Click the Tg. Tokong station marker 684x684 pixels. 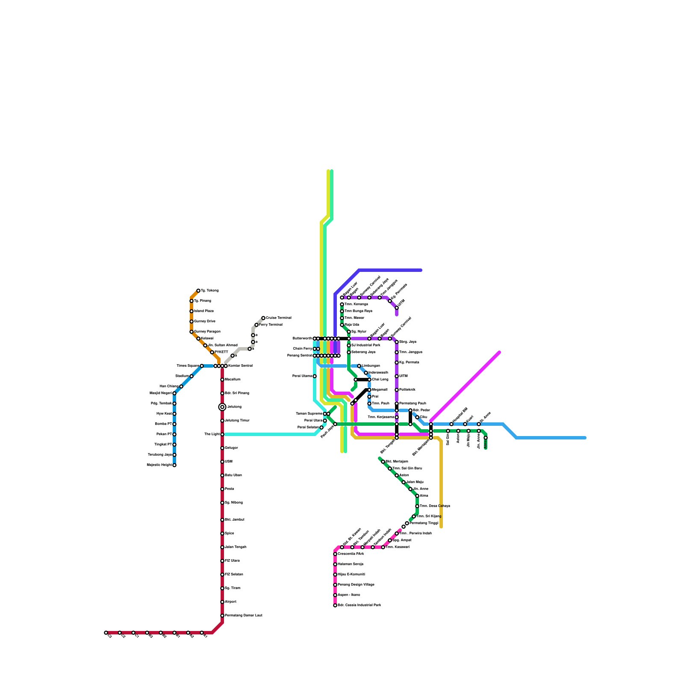tap(198, 291)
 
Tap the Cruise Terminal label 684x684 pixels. tap(278, 318)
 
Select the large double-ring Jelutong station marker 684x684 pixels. tap(222, 407)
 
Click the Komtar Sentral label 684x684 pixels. tap(240, 366)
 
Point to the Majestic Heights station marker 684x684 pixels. tap(174, 465)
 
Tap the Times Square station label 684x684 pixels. tap(188, 366)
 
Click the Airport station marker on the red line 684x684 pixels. tap(222, 602)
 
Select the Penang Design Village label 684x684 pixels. tap(356, 585)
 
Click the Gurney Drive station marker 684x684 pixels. tap(192, 321)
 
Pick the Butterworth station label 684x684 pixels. tap(302, 339)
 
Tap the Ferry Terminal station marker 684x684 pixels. tap(256, 325)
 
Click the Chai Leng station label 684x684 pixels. tap(380, 380)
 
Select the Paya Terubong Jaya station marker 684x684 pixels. tap(174, 455)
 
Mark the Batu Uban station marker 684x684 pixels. tap(222, 475)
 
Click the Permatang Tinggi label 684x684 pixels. tap(424, 523)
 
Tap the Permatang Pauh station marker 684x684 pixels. tap(397, 404)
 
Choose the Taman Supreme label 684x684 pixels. tap(309, 414)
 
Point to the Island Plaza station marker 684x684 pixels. tap(192, 311)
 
